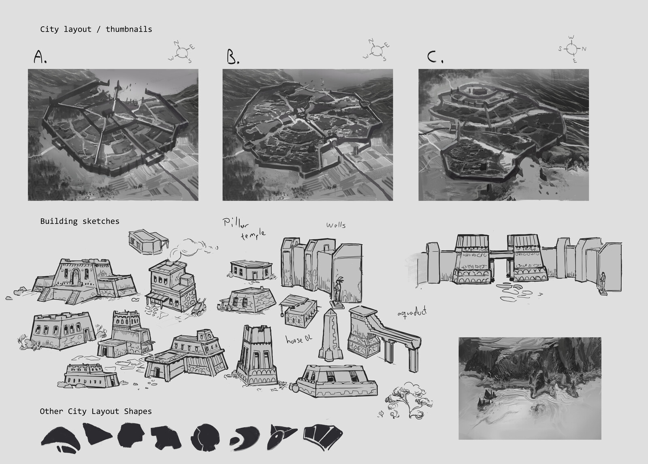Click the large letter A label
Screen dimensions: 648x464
[40, 57]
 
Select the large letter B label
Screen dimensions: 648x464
[232, 57]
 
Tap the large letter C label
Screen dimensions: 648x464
[435, 57]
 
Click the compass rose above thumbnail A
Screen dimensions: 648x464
[182, 52]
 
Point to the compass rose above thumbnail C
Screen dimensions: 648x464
[572, 49]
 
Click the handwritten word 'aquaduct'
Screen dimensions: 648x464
[412, 313]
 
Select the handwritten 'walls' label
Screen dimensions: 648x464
[336, 225]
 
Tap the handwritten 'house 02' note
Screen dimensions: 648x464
[299, 339]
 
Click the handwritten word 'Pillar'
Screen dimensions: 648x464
[235, 223]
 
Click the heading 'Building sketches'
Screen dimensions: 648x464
[80, 221]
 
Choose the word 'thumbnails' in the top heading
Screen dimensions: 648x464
[129, 29]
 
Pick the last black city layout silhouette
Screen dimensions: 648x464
[323, 437]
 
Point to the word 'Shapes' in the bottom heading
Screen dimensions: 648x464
[138, 412]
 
